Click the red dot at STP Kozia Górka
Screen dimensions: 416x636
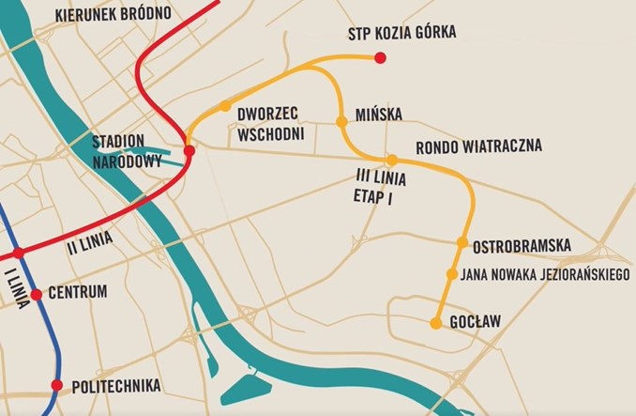380,58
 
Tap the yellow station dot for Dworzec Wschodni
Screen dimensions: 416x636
225,106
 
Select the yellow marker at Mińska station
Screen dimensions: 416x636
341,121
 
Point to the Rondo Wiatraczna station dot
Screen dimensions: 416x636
392,160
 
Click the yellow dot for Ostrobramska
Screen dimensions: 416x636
462,242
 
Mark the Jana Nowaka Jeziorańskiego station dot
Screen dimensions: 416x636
452,274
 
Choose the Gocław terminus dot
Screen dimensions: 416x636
435,323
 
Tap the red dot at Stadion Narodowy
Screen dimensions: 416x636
189,150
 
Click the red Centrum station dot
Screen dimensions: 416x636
36,295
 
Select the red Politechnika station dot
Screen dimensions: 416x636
56,385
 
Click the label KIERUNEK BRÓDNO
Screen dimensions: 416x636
113,15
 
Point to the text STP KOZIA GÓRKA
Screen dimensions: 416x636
401,33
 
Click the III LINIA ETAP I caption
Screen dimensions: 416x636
370,184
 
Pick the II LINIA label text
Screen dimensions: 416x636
90,242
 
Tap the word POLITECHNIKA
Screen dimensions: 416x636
117,386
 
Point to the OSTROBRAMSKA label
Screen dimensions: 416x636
522,245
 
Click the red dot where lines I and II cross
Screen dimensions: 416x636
18,253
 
